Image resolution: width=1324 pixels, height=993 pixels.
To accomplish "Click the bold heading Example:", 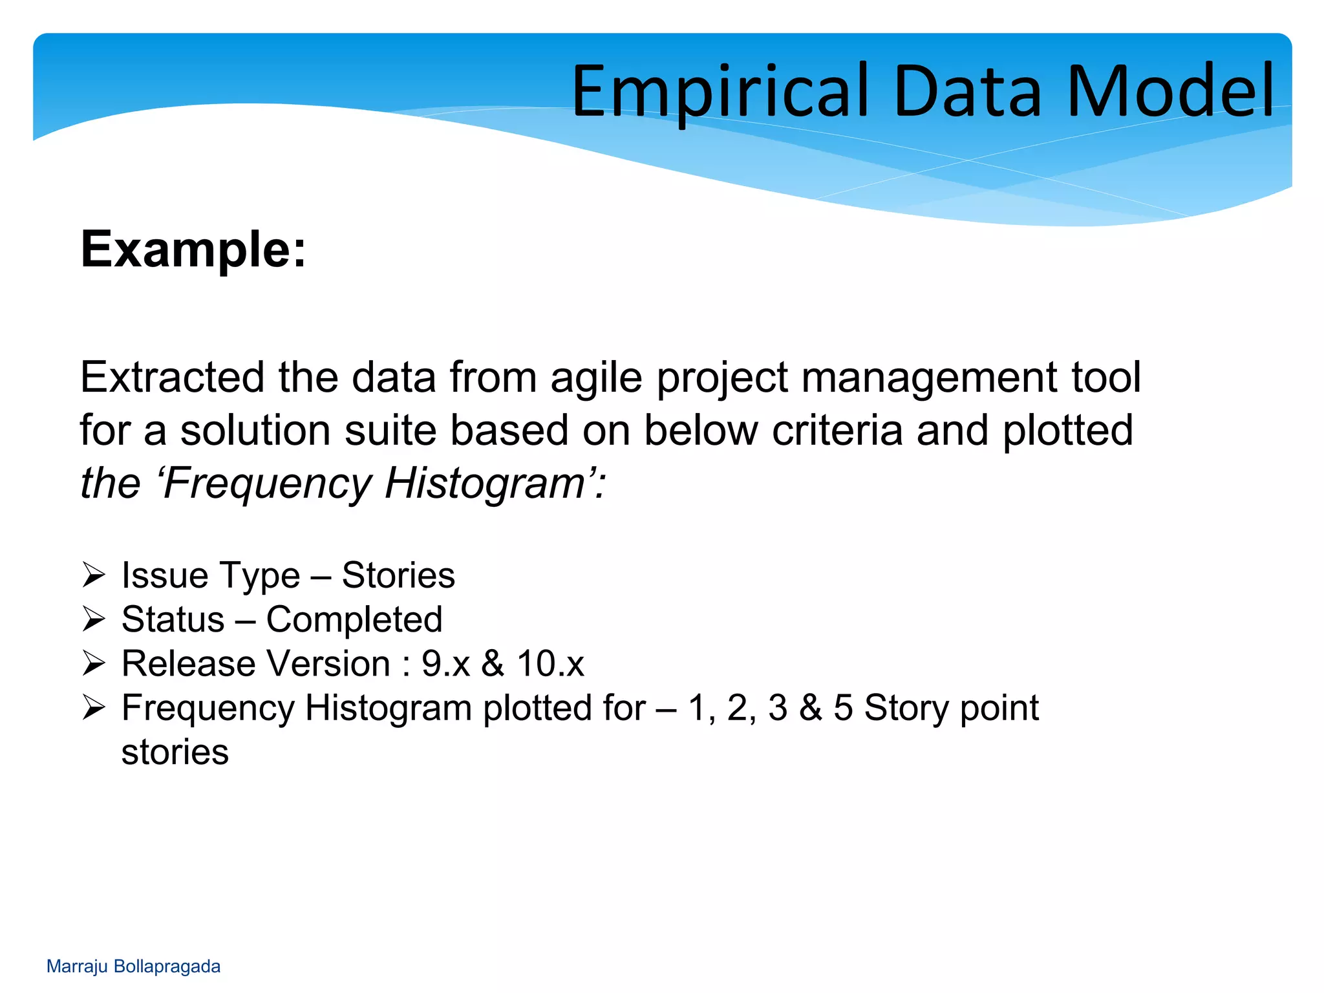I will click(193, 250).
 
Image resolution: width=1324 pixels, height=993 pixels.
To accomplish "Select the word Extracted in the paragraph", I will click(172, 377).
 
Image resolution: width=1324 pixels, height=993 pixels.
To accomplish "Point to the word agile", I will click(596, 378).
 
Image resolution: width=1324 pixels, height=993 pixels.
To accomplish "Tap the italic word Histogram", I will click(485, 483).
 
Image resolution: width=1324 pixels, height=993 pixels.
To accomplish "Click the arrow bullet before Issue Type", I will click(94, 575).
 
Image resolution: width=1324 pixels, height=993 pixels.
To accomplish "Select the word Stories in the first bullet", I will click(398, 575).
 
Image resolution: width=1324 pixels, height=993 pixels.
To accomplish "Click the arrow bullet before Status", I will click(94, 619).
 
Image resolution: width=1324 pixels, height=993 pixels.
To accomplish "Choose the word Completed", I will click(354, 619).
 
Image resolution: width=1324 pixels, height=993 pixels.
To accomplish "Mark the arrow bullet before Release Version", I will click(94, 663).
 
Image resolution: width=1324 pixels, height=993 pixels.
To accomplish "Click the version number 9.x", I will click(445, 664).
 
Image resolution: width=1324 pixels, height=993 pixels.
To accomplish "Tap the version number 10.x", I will click(550, 664).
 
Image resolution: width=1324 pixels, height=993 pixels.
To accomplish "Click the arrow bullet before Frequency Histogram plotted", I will click(94, 708).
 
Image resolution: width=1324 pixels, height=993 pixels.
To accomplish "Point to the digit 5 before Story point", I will click(843, 708).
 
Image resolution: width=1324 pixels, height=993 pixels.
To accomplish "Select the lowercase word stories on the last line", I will click(175, 752).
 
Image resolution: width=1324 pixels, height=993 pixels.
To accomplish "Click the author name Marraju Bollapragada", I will click(133, 966).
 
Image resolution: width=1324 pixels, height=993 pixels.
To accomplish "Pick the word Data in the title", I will click(967, 92).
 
